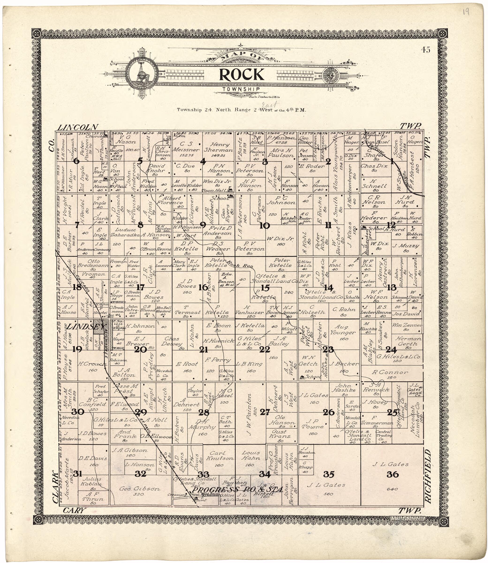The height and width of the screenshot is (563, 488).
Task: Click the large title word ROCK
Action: [241, 74]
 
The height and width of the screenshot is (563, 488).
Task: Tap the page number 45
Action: [425, 50]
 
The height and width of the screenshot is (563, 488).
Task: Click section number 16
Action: [203, 287]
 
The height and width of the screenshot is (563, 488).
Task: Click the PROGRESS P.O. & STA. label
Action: [238, 489]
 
